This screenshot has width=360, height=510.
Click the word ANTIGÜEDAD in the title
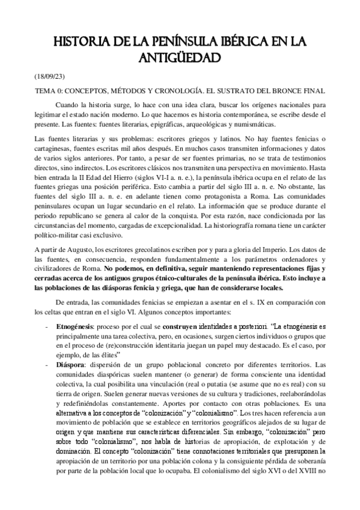coord(180,57)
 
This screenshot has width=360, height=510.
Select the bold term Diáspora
coord(70,365)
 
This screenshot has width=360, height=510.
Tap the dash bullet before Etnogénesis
coord(47,325)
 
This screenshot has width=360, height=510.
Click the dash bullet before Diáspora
coord(47,365)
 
